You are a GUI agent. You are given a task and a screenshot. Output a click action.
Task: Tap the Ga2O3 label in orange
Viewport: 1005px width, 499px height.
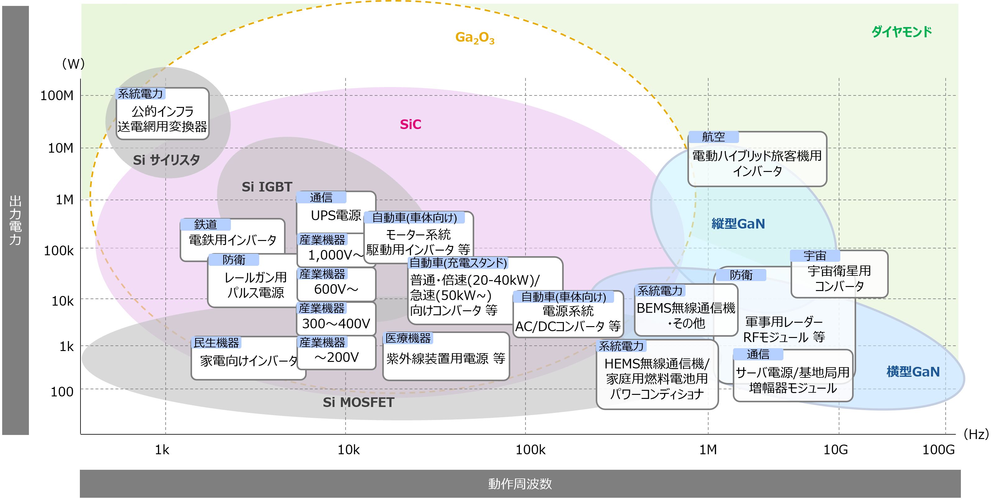[475, 38]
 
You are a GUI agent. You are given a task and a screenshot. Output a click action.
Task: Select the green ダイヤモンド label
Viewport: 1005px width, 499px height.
[901, 32]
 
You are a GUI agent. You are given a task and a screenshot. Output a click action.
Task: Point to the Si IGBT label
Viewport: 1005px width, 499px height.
[267, 187]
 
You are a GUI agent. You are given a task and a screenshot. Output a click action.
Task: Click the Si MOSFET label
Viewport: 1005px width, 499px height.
[358, 402]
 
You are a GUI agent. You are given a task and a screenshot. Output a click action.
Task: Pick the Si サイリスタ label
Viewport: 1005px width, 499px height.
[167, 160]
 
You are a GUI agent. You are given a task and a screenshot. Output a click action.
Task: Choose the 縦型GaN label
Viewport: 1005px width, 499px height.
[738, 224]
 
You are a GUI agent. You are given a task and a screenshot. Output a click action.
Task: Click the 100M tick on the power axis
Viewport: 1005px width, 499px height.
[57, 95]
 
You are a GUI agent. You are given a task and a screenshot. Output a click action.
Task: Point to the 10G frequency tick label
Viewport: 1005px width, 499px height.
[835, 450]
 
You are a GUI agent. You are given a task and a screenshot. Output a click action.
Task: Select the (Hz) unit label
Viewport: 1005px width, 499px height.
[976, 434]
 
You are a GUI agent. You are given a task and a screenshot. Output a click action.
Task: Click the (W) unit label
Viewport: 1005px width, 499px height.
[73, 64]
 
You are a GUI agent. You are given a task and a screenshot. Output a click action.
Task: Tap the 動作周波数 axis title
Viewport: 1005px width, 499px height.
[520, 484]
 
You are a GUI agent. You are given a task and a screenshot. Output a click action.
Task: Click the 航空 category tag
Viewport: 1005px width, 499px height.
[713, 137]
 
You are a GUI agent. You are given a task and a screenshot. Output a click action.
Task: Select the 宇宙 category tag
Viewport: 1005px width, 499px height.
[814, 256]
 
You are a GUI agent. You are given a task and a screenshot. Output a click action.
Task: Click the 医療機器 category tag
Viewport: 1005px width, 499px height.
[408, 338]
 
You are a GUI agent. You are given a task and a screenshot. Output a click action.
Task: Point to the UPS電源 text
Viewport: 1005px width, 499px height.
[336, 215]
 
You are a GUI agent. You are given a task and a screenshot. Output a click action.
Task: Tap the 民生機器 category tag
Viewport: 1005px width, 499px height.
[216, 343]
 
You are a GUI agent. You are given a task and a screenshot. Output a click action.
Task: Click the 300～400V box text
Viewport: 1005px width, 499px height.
[336, 323]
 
